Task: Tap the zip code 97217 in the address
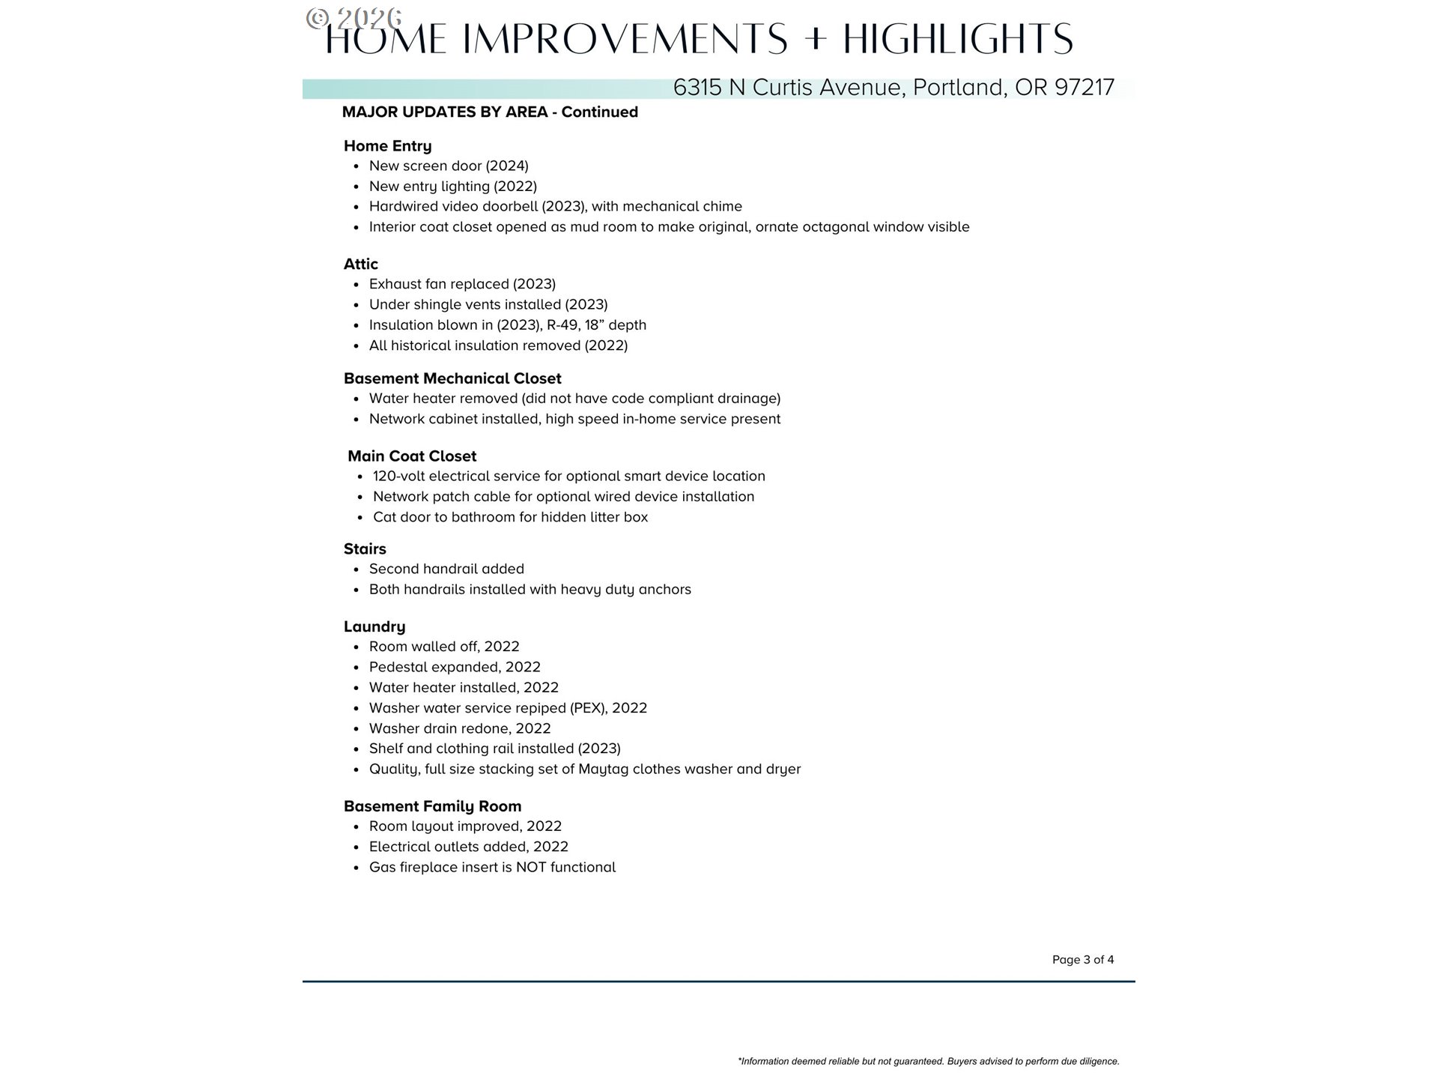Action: pyautogui.click(x=1084, y=88)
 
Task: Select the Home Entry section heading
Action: pyautogui.click(x=387, y=146)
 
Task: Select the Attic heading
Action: pyautogui.click(x=360, y=265)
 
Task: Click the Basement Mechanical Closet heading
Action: pyautogui.click(x=452, y=379)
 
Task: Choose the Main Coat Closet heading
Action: pyautogui.click(x=412, y=456)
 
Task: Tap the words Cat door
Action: pyautogui.click(x=401, y=518)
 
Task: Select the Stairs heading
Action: pyautogui.click(x=365, y=549)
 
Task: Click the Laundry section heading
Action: pyautogui.click(x=374, y=627)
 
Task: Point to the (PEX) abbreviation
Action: pyautogui.click(x=587, y=708)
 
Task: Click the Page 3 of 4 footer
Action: pyautogui.click(x=1082, y=960)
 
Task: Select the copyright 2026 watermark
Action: pyautogui.click(x=354, y=18)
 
